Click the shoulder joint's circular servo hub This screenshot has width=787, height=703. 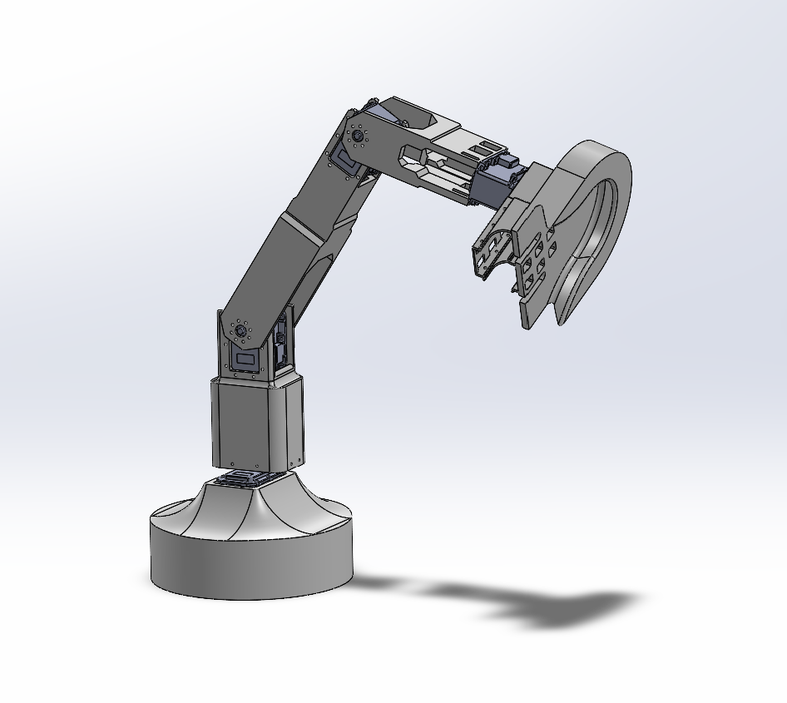click(x=241, y=330)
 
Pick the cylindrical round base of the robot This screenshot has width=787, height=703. click(x=250, y=557)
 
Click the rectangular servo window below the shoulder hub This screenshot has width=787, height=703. click(x=246, y=360)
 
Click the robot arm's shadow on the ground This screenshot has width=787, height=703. click(x=532, y=603)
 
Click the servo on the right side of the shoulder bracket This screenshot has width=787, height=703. click(x=283, y=341)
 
